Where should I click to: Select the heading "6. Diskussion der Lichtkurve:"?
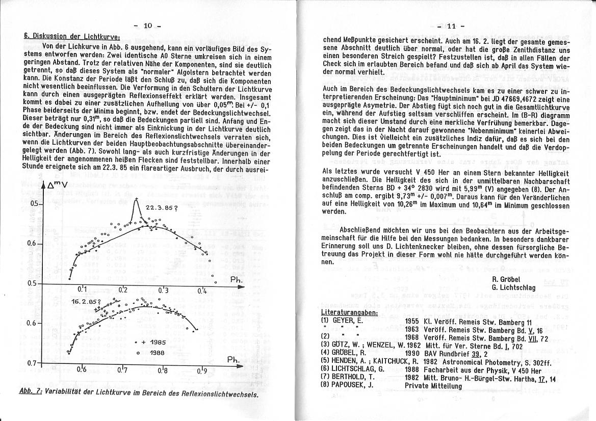pos(72,36)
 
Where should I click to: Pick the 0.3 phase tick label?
pos(163,290)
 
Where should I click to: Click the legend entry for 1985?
pos(152,343)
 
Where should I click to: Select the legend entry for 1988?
pos(152,353)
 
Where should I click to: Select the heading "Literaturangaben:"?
pos(349,312)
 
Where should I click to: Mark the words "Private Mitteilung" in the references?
pos(433,386)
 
